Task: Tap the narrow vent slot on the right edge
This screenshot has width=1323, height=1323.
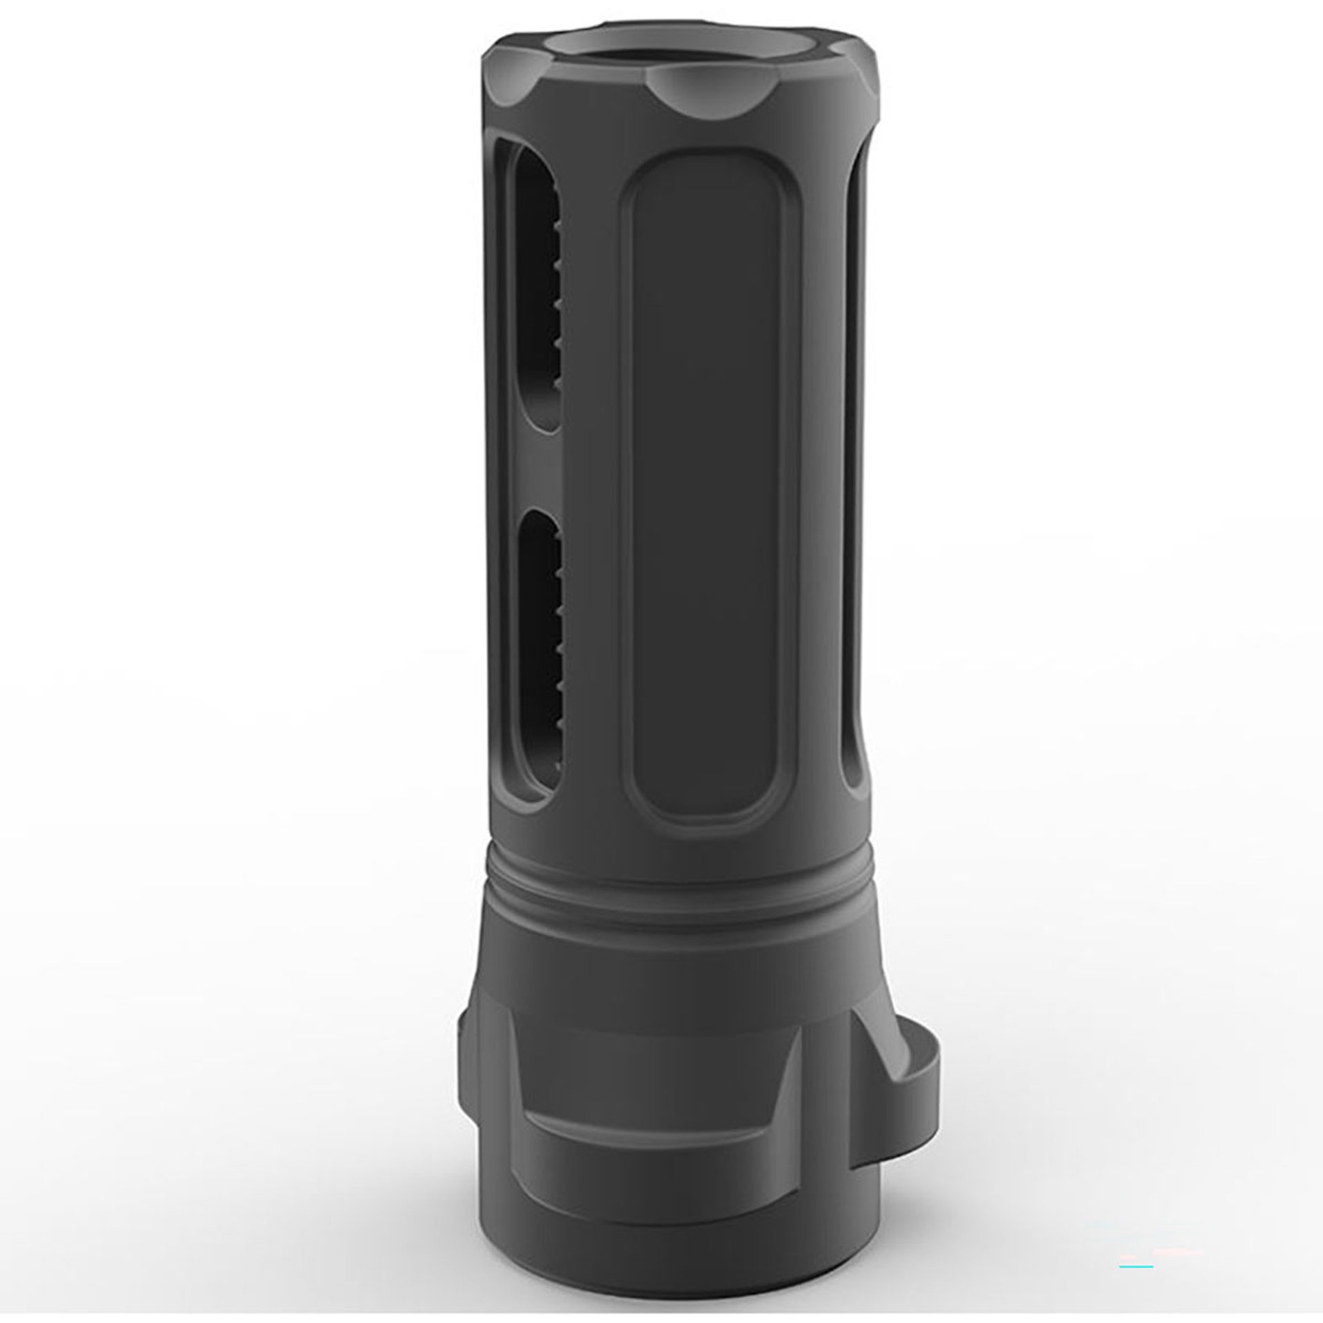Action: (x=854, y=482)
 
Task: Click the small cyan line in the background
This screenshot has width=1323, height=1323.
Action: (x=1136, y=1228)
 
